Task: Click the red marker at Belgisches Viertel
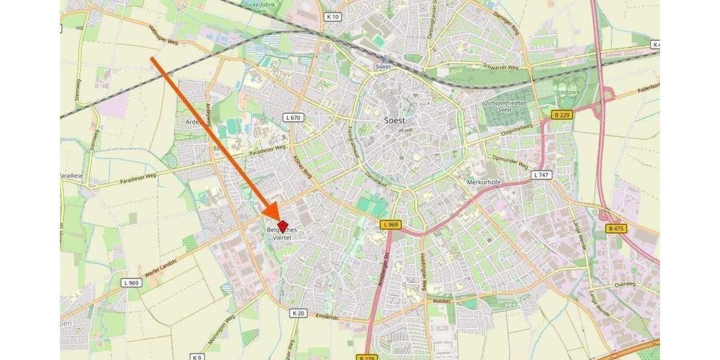pos(283,226)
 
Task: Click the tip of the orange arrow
pos(277,218)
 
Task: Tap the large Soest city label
pos(394,120)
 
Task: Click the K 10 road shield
pos(333,17)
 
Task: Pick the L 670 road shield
pos(293,118)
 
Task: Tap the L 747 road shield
pos(539,175)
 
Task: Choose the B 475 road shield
pos(614,229)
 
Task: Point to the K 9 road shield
pos(197,356)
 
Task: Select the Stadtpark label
pos(566,93)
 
